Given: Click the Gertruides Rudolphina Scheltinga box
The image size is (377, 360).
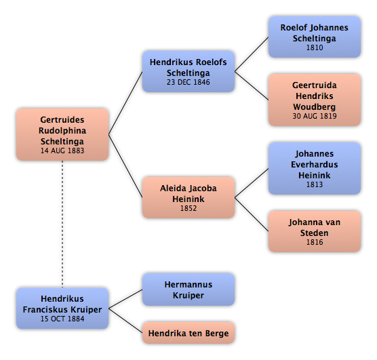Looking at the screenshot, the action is pos(62,134).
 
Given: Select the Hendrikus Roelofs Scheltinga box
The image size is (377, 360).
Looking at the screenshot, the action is pos(188,71).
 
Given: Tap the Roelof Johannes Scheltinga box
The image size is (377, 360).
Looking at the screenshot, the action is pos(315,37).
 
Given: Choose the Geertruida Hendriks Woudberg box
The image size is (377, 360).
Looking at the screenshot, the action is pos(315,100).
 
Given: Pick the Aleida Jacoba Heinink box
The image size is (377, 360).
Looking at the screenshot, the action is pos(188,197).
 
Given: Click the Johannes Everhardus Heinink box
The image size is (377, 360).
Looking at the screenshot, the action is pos(315,168).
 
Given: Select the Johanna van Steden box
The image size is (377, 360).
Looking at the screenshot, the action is pos(315,231).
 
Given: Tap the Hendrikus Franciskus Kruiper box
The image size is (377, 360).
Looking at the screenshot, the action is pos(62,308).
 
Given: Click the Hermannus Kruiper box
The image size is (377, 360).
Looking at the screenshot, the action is pos(188,289).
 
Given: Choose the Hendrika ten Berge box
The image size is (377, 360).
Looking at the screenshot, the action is pos(188,333).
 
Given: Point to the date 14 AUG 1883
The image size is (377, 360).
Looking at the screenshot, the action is pos(62,151).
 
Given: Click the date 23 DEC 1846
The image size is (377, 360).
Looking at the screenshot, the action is pos(188,82).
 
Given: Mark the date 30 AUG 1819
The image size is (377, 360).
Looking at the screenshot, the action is pos(315,116).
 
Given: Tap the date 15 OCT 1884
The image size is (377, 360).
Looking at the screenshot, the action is pos(62,319).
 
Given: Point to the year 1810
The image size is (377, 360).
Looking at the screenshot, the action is pos(315,47).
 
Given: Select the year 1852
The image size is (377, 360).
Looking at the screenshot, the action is pos(188,208).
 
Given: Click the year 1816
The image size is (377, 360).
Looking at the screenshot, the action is pos(315,242).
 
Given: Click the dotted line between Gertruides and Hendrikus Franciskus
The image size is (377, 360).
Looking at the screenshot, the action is pos(62,224).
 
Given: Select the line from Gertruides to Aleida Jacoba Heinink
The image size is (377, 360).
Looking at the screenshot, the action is pos(125,166).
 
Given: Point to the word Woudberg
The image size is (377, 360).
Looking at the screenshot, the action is pos(315,106).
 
